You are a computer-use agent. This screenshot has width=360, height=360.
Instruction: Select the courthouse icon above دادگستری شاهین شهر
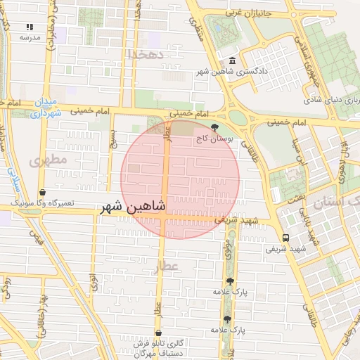(233, 60)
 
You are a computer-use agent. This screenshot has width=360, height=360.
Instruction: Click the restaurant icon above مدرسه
(30, 26)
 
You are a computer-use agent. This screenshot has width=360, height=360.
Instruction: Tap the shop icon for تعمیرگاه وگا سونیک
(43, 191)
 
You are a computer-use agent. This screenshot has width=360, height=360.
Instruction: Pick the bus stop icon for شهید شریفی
(285, 238)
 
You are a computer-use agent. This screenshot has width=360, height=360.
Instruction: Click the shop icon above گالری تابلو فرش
(158, 333)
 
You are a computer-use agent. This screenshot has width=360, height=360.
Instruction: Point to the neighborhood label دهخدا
(146, 54)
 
